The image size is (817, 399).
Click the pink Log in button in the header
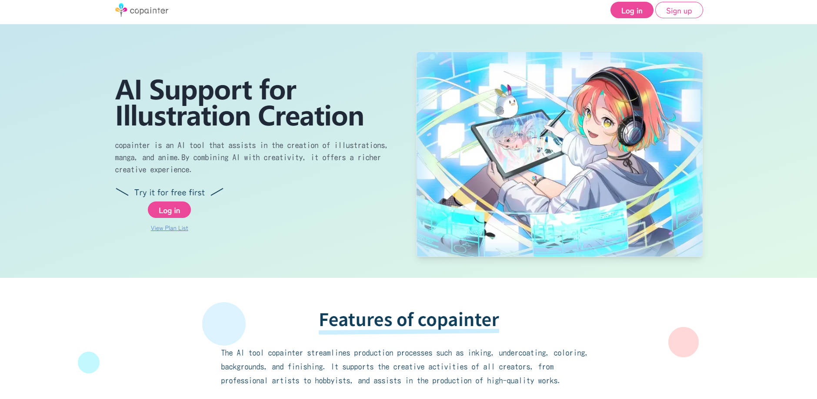tap(631, 10)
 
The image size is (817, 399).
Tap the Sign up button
tap(679, 10)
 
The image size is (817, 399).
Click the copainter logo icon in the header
tap(121, 10)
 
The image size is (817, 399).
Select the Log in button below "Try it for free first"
tap(169, 210)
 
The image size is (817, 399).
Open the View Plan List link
tap(169, 228)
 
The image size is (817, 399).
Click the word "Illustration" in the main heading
tap(183, 116)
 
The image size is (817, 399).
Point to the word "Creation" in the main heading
tap(311, 116)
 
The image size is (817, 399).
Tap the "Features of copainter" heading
tap(409, 320)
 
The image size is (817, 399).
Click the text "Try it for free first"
tap(169, 192)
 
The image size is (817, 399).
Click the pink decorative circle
tap(683, 342)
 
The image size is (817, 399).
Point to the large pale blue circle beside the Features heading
tap(223, 323)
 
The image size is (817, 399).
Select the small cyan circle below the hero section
tap(89, 362)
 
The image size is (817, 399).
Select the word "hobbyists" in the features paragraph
tap(333, 381)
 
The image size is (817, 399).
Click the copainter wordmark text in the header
tap(149, 10)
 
